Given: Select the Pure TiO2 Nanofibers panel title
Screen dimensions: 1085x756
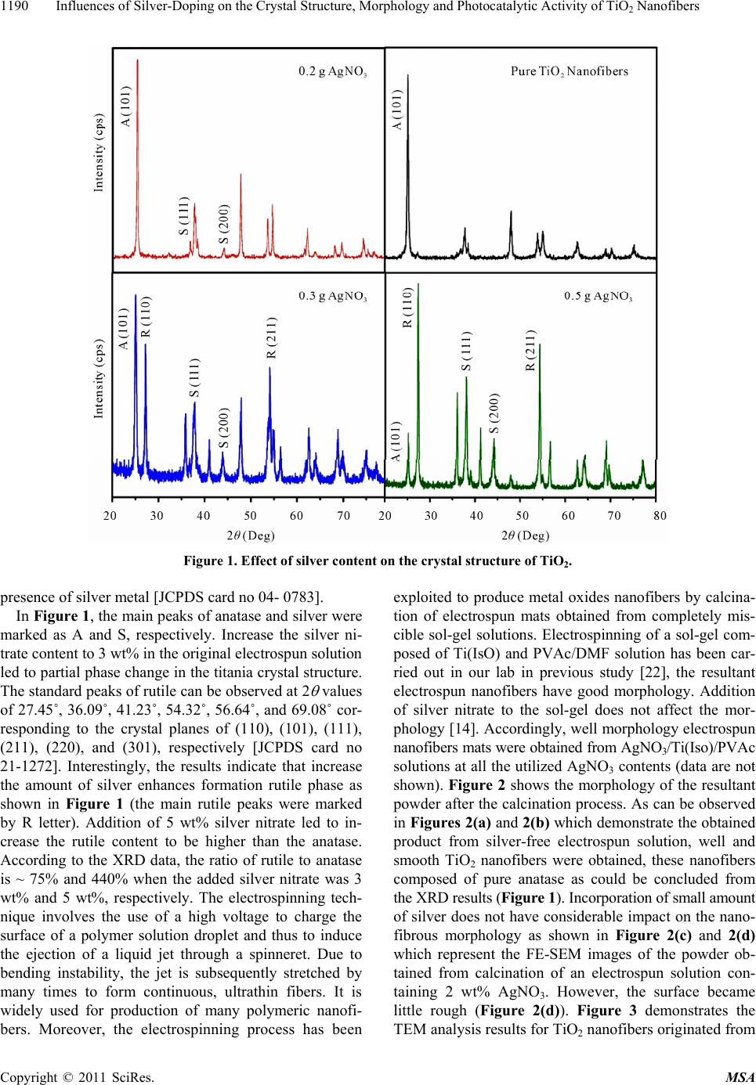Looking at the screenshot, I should click(x=569, y=71).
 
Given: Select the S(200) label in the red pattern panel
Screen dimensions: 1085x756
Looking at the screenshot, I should click(x=223, y=222).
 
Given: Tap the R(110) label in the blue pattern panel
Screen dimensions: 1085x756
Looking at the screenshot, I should click(x=146, y=316).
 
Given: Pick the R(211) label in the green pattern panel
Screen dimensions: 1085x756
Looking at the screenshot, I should click(x=530, y=350).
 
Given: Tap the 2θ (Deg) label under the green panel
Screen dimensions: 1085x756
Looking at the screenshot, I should click(x=525, y=535).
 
